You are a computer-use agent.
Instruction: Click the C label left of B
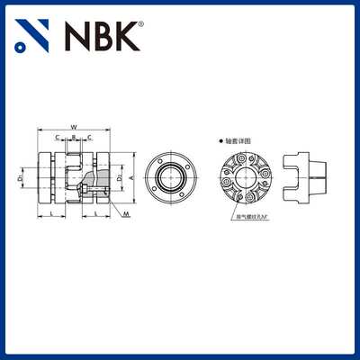pos(58,138)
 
